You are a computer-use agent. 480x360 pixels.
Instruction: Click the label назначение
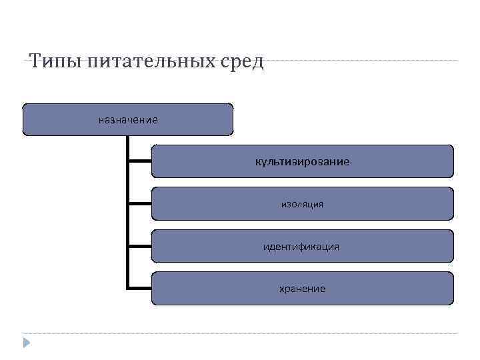128,120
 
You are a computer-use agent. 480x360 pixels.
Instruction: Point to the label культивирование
302,162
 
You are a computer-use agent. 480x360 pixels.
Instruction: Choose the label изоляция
302,204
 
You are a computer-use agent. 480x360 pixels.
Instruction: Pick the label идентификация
302,247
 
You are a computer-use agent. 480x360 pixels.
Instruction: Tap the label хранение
302,289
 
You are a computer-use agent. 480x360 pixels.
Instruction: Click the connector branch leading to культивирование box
139,161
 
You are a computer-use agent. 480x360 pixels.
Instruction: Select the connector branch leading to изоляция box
139,203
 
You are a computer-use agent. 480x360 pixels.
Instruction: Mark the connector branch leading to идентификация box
139,246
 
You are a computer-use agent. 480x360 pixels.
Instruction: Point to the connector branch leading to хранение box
139,288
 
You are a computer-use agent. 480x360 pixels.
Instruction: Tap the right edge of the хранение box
453,289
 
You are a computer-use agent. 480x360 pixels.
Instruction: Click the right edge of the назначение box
233,120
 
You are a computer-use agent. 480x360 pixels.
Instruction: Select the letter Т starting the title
35,62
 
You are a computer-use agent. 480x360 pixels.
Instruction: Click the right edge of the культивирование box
453,161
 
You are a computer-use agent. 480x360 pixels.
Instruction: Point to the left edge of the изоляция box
152,204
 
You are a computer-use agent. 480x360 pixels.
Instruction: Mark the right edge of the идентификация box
453,247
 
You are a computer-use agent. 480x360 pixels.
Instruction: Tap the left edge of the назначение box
23,120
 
